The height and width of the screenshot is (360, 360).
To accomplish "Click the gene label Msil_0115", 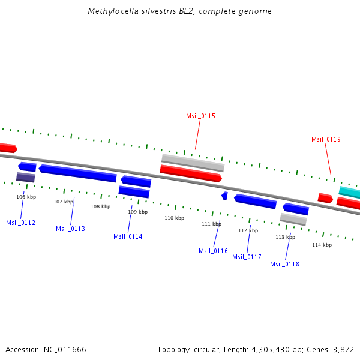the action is coord(200,116).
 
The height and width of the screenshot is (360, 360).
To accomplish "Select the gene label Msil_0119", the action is coord(326,139).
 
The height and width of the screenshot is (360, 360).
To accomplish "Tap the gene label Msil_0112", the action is coord(20,223).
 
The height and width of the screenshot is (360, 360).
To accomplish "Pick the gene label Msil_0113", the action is coord(70,229).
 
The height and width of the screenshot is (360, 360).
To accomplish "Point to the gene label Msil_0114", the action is coord(128,236).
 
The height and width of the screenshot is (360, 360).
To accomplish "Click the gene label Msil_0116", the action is coord(213,251).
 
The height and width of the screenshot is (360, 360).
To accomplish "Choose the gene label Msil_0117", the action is coord(247,257).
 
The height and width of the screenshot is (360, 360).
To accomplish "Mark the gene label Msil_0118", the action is coord(284,264).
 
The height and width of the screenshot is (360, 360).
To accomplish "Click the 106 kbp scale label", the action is coord(26,197).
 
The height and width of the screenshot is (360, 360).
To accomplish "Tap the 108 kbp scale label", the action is coord(100,206).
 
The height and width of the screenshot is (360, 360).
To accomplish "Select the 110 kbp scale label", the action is coord(174,218).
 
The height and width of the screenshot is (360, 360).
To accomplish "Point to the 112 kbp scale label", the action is coord(248,230).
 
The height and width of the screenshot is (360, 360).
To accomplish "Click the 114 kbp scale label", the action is coord(322,245).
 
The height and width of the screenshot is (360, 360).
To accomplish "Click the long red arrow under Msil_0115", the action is coord(191,173).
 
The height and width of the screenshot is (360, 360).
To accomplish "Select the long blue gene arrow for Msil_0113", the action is coord(77,173).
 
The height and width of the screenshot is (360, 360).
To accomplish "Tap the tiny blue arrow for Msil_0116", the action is coord(224,196).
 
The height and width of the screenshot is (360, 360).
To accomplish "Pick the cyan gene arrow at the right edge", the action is coord(350,193).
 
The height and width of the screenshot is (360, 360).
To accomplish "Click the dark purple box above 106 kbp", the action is coord(25,177).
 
